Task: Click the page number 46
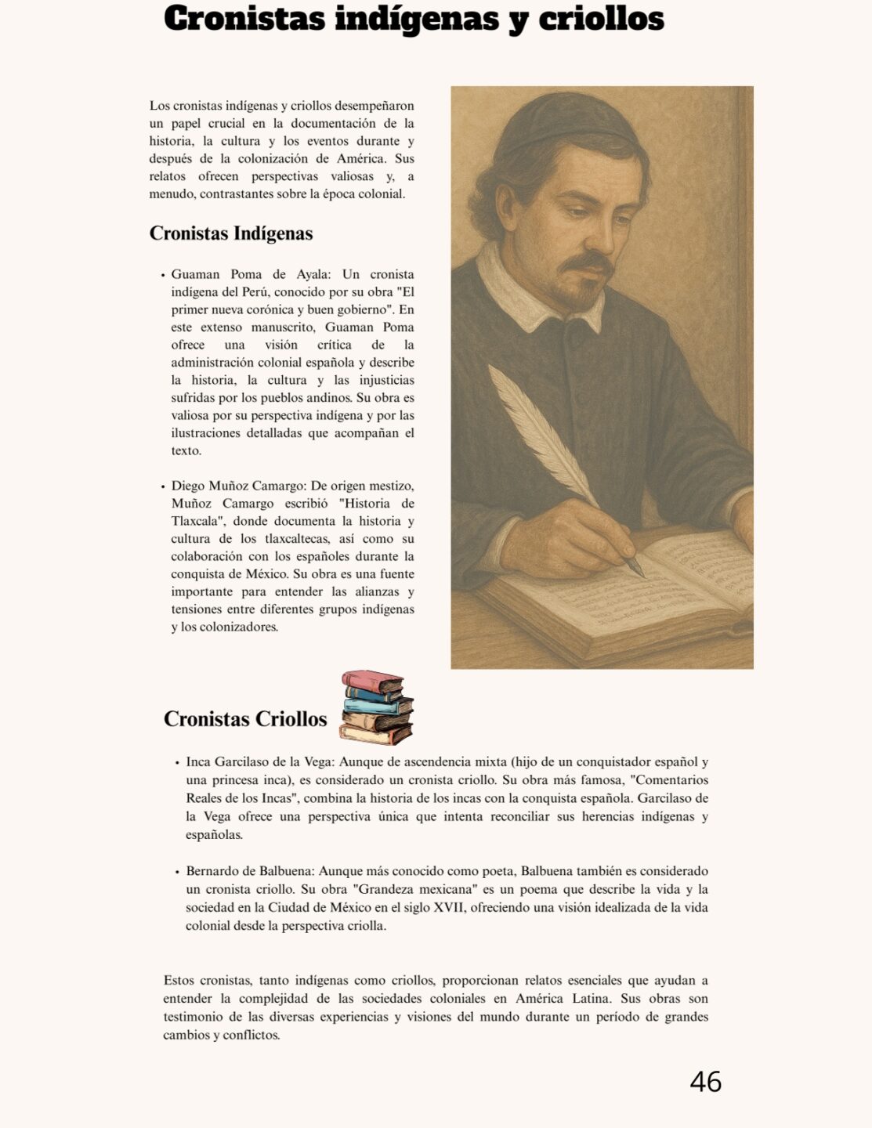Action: (x=705, y=1082)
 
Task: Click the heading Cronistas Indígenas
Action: (x=231, y=233)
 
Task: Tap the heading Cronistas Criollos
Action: (x=245, y=719)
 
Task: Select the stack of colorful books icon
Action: (x=376, y=707)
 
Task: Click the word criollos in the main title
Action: (x=601, y=19)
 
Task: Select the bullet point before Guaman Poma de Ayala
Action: (x=163, y=275)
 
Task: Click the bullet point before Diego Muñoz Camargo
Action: (x=163, y=486)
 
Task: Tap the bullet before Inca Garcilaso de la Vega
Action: (x=177, y=762)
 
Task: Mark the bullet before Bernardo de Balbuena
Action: (x=177, y=872)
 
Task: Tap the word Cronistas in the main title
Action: (x=244, y=19)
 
